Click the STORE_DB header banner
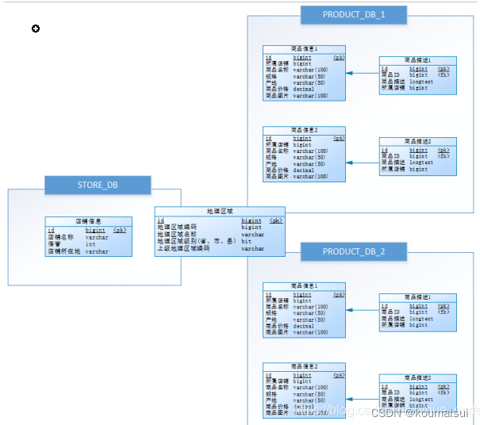click(98, 186)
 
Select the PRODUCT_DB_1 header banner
click(354, 14)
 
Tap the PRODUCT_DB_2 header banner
click(354, 251)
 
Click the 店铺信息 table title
click(88, 221)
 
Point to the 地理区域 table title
click(220, 212)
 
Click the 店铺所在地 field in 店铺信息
click(64, 251)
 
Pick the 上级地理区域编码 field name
click(183, 248)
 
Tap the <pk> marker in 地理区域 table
click(275, 220)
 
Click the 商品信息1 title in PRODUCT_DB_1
click(304, 49)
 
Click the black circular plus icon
click(36, 29)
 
